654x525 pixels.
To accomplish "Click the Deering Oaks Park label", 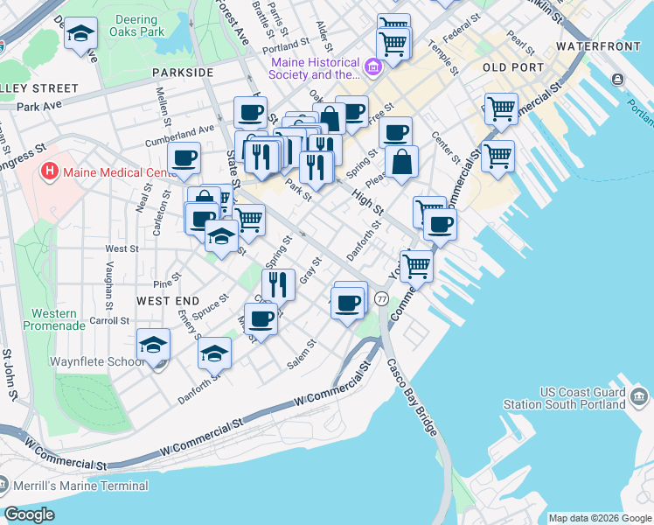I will tap(137, 24).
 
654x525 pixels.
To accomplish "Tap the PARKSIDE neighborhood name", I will tap(182, 72).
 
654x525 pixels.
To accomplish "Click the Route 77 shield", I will tap(381, 299).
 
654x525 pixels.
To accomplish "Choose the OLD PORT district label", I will tap(511, 66).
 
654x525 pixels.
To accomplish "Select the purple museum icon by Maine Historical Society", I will tap(373, 66).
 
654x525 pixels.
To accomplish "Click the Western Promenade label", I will tap(59, 319).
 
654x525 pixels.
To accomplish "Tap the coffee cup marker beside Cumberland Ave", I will tap(184, 158).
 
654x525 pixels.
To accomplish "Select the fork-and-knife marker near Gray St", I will tap(277, 283).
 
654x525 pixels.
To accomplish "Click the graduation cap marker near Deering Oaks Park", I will tap(81, 34).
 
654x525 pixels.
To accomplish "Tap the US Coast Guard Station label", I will tap(577, 397).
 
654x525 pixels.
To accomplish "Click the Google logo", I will tap(30, 514).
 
